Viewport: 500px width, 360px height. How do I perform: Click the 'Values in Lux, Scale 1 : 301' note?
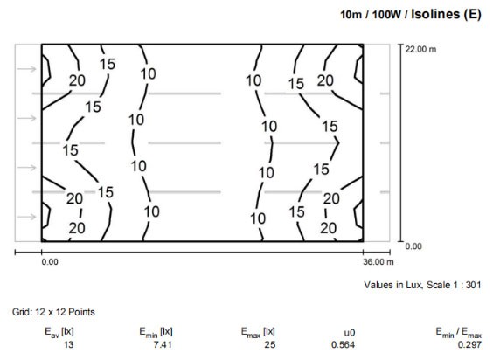coord(422,285)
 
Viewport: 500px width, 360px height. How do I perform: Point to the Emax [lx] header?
coord(258,331)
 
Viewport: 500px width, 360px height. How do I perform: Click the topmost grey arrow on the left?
coord(27,68)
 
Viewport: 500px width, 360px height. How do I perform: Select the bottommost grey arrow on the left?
coord(27,216)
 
